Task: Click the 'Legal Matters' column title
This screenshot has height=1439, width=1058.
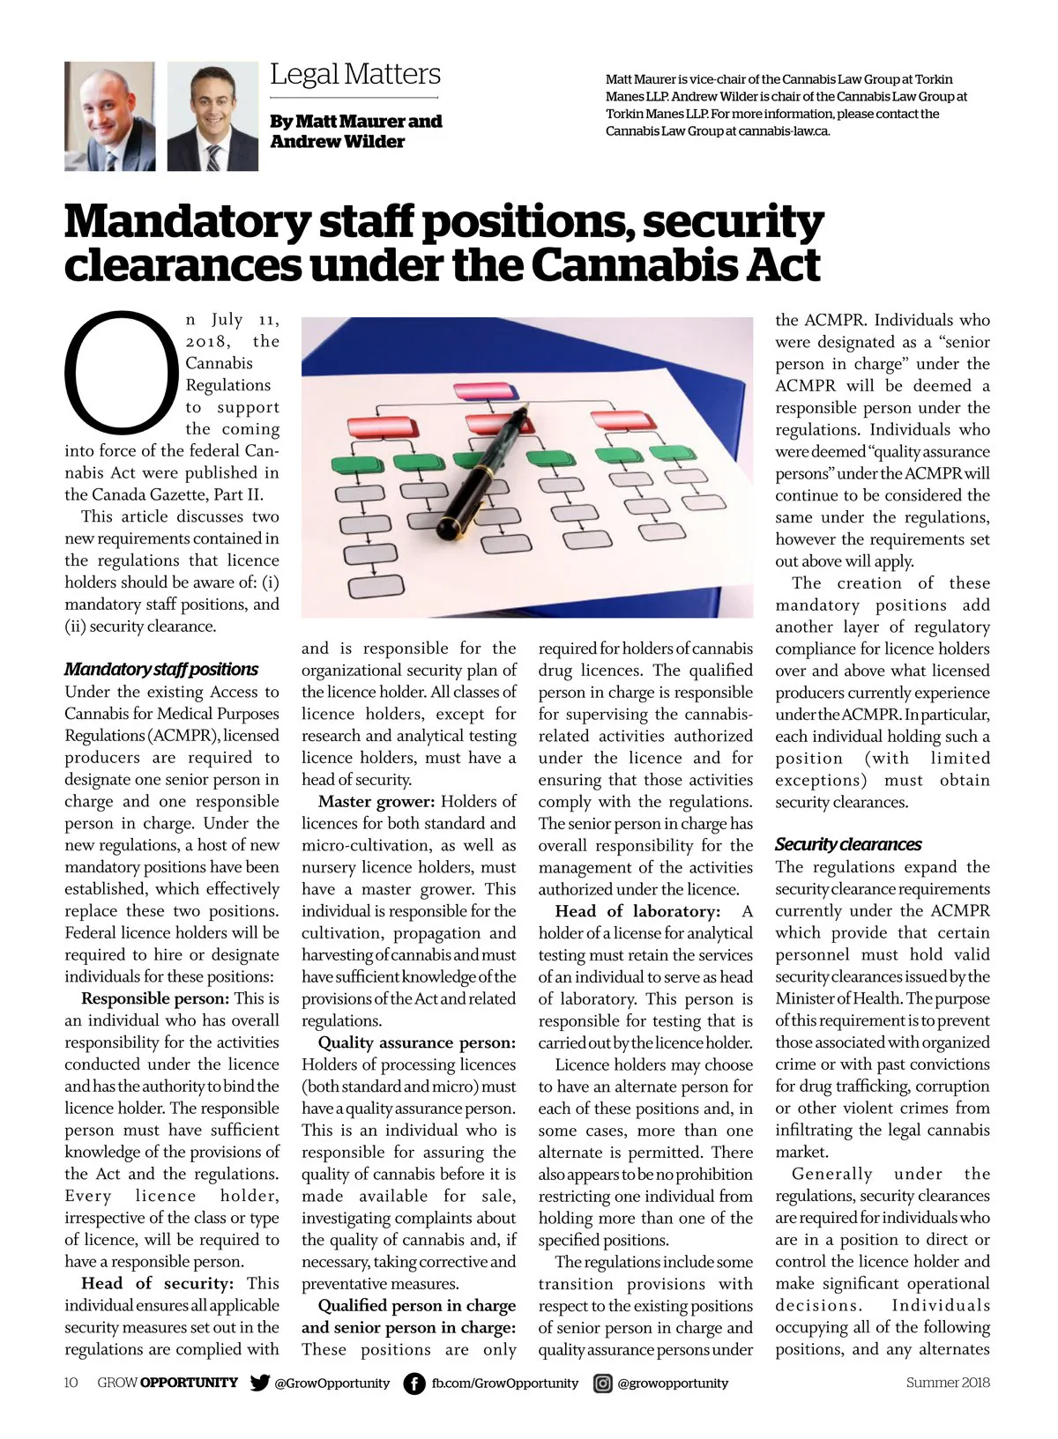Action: coord(354,74)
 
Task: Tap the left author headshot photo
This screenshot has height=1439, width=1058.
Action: coord(109,116)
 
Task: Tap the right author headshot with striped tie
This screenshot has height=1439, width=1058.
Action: coord(212,116)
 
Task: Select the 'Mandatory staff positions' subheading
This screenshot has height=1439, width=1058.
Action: coord(161,669)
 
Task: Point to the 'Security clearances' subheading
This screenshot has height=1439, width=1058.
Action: coord(848,844)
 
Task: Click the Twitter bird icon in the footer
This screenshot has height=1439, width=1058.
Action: coord(259,1383)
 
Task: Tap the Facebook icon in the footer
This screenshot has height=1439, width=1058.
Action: coord(414,1383)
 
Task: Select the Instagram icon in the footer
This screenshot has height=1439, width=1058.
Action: coord(603,1383)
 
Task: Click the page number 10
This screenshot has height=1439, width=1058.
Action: coord(71,1383)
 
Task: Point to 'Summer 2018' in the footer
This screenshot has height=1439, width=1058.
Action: coord(948,1383)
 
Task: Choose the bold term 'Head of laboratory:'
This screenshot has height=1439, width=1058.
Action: coord(637,911)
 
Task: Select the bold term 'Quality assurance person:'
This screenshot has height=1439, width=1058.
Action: coord(417,1043)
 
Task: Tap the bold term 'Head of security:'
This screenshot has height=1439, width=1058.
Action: coord(157,1284)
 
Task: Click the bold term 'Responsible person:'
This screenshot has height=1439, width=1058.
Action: coord(155,999)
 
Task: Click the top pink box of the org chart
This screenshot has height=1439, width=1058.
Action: coord(484,391)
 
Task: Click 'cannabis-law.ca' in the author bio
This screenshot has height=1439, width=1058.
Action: coord(784,131)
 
